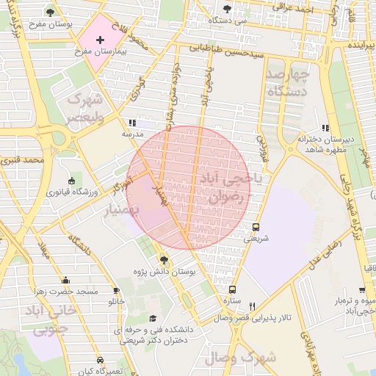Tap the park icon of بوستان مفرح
[50, 12]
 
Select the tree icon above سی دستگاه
[226, 9]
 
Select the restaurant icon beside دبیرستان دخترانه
[325, 129]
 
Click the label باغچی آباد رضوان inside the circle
[225, 187]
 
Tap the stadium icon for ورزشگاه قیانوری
[71, 181]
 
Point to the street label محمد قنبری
[23, 159]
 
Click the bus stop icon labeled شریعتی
[256, 227]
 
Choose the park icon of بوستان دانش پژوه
[163, 260]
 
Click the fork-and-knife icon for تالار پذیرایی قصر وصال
[252, 306]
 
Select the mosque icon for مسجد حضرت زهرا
[65, 280]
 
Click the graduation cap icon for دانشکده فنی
[153, 318]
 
